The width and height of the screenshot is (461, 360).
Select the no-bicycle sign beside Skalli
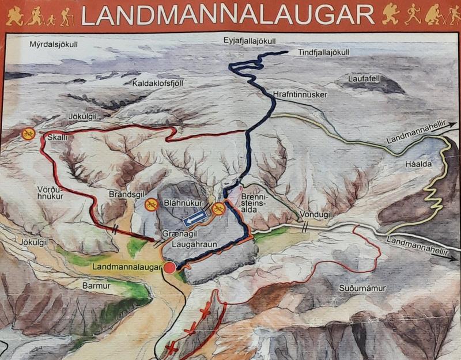click(x=28, y=134)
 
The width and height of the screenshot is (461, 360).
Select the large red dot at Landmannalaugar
click(x=169, y=268)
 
